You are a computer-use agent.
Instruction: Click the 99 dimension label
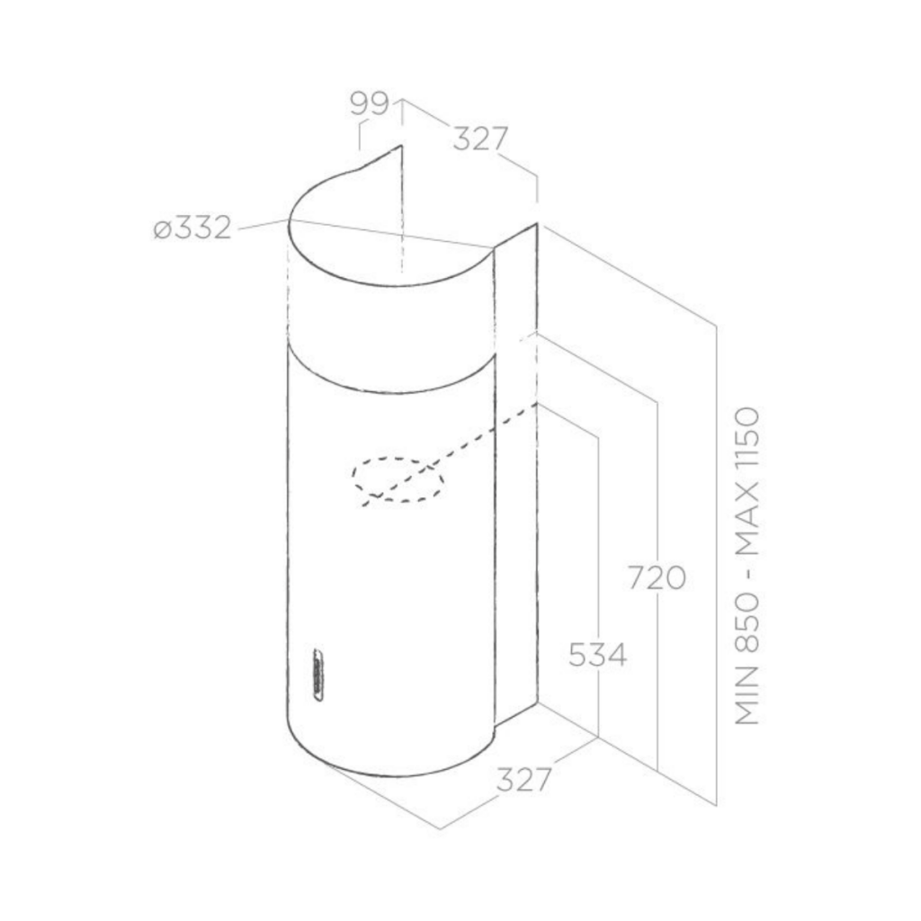(370, 104)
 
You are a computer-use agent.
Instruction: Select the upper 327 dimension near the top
(480, 139)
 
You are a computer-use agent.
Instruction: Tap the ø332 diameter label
(192, 228)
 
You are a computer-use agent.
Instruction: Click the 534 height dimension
(598, 655)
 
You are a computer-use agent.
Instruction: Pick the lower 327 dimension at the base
(524, 780)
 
